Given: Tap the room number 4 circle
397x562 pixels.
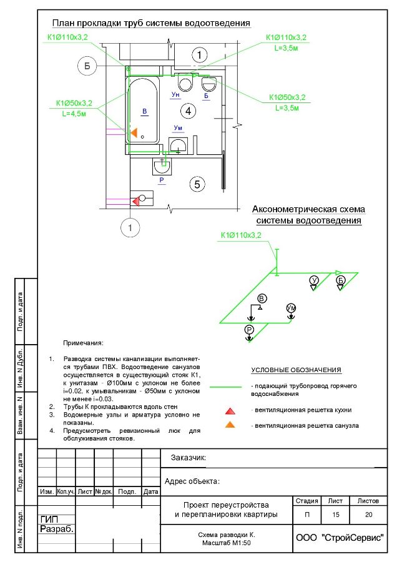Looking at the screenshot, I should point(185,111).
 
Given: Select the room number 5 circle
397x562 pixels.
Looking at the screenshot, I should point(197,184).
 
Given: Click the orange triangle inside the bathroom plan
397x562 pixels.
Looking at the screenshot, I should point(133,132).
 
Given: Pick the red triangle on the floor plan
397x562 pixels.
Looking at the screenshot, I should point(135,200).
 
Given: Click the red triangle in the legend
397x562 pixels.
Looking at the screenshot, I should point(230,411).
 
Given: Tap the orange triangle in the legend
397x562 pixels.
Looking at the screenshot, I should point(230,425).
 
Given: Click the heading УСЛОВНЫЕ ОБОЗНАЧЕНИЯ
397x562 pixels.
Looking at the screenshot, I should point(297,370).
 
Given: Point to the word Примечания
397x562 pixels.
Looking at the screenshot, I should point(83,343).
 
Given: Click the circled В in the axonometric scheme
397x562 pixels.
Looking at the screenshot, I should point(262,297).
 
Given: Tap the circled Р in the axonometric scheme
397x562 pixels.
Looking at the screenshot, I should point(249,329).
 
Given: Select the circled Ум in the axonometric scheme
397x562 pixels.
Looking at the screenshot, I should point(291,308).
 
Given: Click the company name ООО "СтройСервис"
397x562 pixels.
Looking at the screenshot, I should point(338,538).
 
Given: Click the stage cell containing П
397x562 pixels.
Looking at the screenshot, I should point(306,515).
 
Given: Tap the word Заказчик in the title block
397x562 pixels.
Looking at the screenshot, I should point(189,458).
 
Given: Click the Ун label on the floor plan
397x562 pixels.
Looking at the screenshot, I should point(176,94).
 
